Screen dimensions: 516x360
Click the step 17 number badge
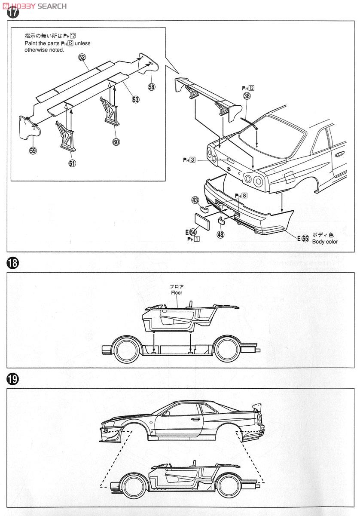coord(13,12)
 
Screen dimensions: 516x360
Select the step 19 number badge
coord(13,378)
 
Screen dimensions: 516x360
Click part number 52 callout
coord(82,57)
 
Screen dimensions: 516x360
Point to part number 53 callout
coord(136,99)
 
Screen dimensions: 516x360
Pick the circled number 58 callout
coord(151,87)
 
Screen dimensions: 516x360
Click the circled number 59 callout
coord(33,150)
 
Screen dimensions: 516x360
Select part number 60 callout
coord(116,141)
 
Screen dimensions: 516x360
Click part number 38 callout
coord(247,96)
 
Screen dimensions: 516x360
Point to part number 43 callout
coord(195,200)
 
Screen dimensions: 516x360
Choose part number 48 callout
coord(220,235)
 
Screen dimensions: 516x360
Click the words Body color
coord(325,242)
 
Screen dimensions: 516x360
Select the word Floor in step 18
coord(176,292)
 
